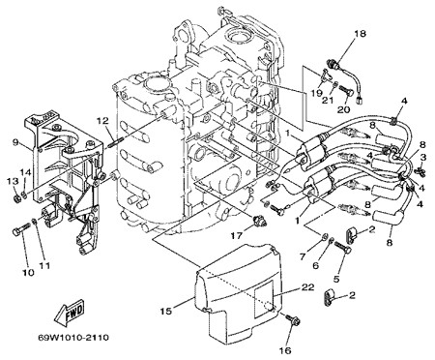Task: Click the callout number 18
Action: pos(361,34)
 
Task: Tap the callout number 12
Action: pos(103,121)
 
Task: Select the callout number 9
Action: pos(15,142)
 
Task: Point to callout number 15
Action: pos(166,311)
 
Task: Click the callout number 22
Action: pos(307,286)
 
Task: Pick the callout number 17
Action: pos(237,236)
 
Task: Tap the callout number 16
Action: pos(286,350)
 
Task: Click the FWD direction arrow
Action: pos(70,312)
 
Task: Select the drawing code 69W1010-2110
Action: pos(73,338)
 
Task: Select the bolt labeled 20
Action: pos(347,89)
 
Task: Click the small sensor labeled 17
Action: pos(258,221)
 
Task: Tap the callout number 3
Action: pos(423,157)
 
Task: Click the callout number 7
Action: pos(303,257)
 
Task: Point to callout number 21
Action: pos(329,101)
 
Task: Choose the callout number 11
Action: pos(45,265)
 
